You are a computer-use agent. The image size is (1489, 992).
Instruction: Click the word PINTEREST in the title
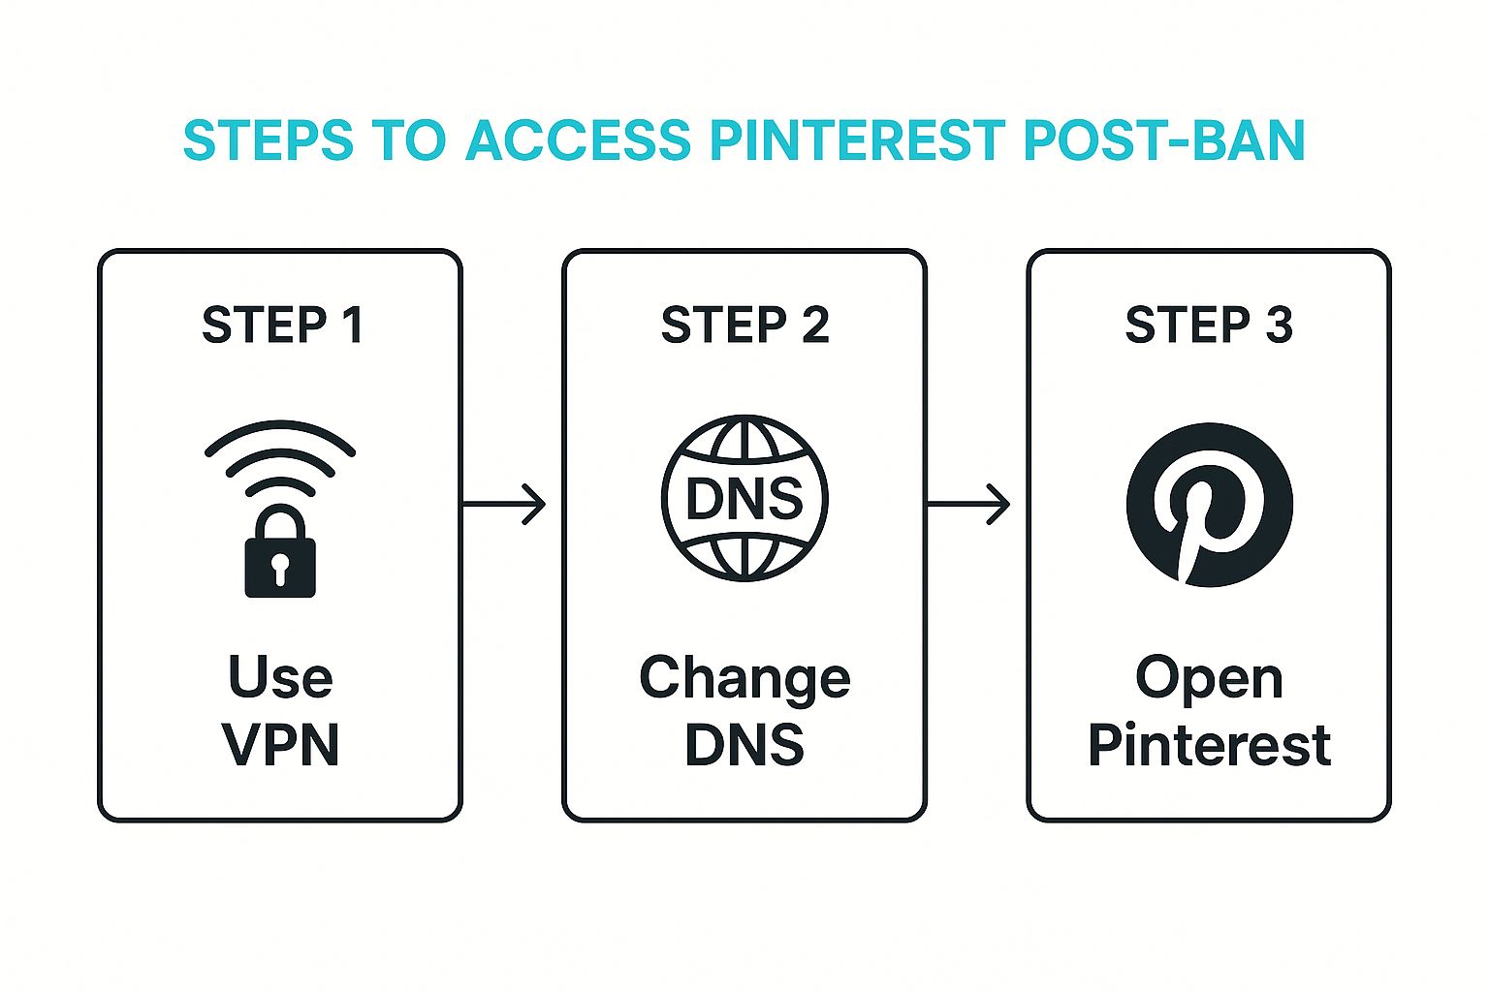coord(857,140)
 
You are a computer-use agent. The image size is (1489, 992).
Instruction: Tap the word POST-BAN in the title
coord(1163,140)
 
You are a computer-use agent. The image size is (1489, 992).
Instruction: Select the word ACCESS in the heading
coord(578,140)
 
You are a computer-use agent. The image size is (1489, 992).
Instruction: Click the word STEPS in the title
coord(269,140)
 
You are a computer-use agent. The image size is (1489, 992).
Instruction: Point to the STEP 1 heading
coord(282,325)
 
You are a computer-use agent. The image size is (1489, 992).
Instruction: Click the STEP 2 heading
coord(744,325)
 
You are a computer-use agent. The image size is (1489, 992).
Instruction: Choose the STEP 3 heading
coord(1209,325)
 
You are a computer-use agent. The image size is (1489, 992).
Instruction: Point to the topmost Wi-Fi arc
coord(280,428)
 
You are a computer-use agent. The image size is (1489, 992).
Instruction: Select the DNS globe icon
coord(744,499)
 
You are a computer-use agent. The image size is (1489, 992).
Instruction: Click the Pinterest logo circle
coord(1209,504)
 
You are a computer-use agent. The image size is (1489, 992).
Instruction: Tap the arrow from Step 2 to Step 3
coord(969,504)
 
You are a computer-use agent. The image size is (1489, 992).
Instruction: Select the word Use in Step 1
coord(280,677)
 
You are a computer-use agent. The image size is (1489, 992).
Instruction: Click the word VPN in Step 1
coord(280,745)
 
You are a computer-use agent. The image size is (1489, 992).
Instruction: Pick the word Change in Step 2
coord(744,679)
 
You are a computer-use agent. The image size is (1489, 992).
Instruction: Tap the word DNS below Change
coord(744,745)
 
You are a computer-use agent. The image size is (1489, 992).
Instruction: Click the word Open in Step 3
coord(1209,679)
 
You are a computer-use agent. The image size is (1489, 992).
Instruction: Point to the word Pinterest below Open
coord(1209,745)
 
